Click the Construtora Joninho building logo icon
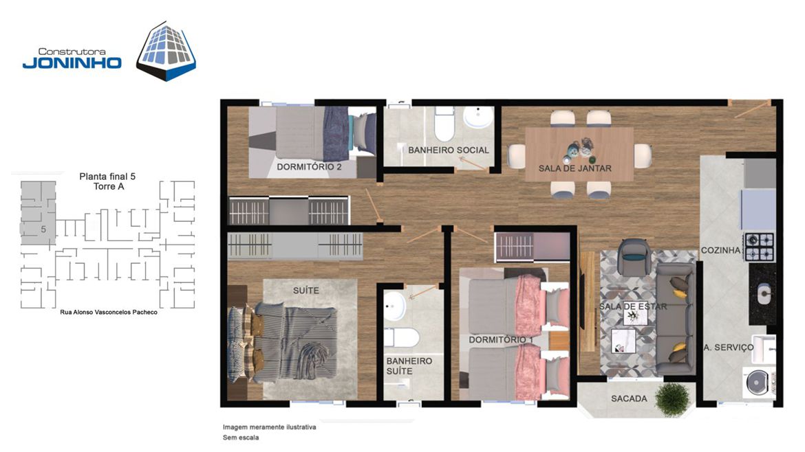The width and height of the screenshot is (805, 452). [x=166, y=51]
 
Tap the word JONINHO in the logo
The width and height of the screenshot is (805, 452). [x=72, y=63]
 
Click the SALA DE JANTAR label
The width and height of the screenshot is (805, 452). [x=575, y=168]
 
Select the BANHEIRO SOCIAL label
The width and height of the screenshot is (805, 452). [x=449, y=150]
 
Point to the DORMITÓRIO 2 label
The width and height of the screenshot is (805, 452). [x=309, y=167]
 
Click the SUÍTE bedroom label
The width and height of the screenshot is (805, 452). [x=306, y=291]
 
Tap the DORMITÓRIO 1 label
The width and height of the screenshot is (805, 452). [x=501, y=340]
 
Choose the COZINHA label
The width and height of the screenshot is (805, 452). [x=721, y=250]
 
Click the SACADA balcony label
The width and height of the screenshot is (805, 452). [x=629, y=398]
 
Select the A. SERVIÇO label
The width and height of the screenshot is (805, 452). [x=729, y=348]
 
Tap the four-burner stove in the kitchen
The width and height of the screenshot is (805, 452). [x=760, y=247]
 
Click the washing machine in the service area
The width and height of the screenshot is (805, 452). [x=758, y=383]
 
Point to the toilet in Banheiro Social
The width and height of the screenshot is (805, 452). [x=444, y=124]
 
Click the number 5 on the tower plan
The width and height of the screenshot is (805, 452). [x=43, y=229]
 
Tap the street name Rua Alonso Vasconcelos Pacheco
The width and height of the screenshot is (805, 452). [x=109, y=312]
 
